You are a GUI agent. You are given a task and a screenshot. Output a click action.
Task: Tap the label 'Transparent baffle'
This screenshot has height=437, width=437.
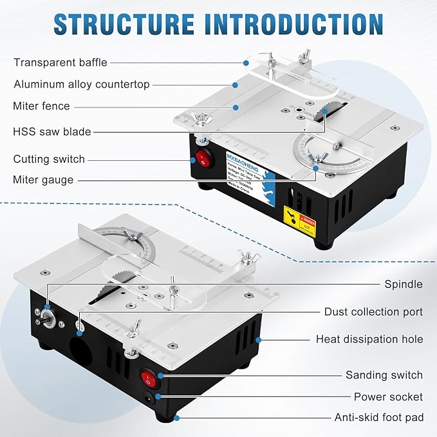60,62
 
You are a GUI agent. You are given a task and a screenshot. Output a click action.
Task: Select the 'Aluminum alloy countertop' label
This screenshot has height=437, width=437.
81,84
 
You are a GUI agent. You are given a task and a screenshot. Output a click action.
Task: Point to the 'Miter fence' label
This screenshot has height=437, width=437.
41,106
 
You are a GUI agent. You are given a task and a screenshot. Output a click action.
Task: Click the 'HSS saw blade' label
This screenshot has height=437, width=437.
52,132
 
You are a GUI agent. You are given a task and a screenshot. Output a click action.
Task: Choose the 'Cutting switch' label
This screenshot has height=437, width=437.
49,159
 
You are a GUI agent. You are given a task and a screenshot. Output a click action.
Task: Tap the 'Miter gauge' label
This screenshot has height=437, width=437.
43,180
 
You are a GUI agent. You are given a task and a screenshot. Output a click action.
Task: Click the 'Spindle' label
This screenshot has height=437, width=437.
404,284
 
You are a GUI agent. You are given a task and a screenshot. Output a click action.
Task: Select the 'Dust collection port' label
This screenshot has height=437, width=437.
373,311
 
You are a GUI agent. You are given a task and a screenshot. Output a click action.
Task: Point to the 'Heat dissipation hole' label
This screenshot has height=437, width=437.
369,339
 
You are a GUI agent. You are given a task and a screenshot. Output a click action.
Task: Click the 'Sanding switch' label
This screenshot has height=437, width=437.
384,375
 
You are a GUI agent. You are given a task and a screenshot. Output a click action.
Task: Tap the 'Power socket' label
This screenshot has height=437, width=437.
388,397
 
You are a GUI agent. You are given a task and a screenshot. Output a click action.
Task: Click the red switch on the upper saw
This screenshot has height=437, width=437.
204,159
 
